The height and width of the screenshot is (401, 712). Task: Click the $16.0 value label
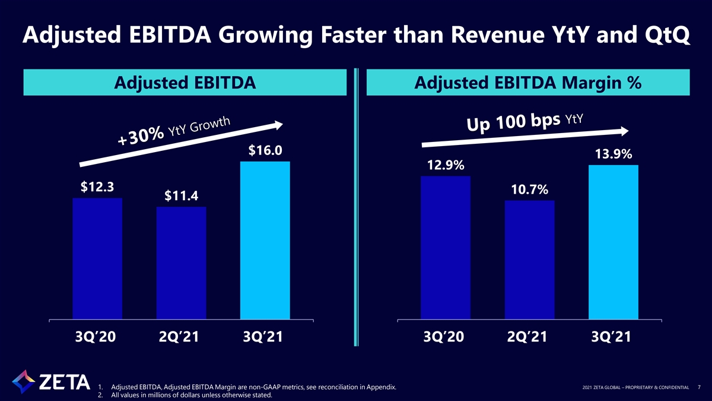pos(265,150)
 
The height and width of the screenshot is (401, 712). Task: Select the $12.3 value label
pos(97,187)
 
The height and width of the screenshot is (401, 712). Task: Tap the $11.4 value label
pos(181,195)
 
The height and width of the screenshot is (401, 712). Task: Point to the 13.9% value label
pos(614,154)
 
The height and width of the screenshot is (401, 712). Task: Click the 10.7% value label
pos(529,190)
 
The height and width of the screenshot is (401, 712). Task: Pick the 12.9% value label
pos(446,165)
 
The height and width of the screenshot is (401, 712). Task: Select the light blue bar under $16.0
pos(265,240)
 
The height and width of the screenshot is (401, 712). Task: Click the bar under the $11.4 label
pos(181,263)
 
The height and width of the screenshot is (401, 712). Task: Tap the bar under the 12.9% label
pos(446,248)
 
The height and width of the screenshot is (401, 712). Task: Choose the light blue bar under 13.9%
pos(614,242)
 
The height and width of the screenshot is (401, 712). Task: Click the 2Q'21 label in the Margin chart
pos(527,337)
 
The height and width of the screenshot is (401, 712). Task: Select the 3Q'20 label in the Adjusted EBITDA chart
pos(96,337)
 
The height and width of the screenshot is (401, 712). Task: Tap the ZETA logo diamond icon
pos(23,381)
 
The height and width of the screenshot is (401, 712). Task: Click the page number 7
pos(699,387)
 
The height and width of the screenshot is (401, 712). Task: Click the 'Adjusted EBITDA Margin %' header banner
pos(528,83)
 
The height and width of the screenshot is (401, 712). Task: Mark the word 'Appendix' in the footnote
pos(381,387)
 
